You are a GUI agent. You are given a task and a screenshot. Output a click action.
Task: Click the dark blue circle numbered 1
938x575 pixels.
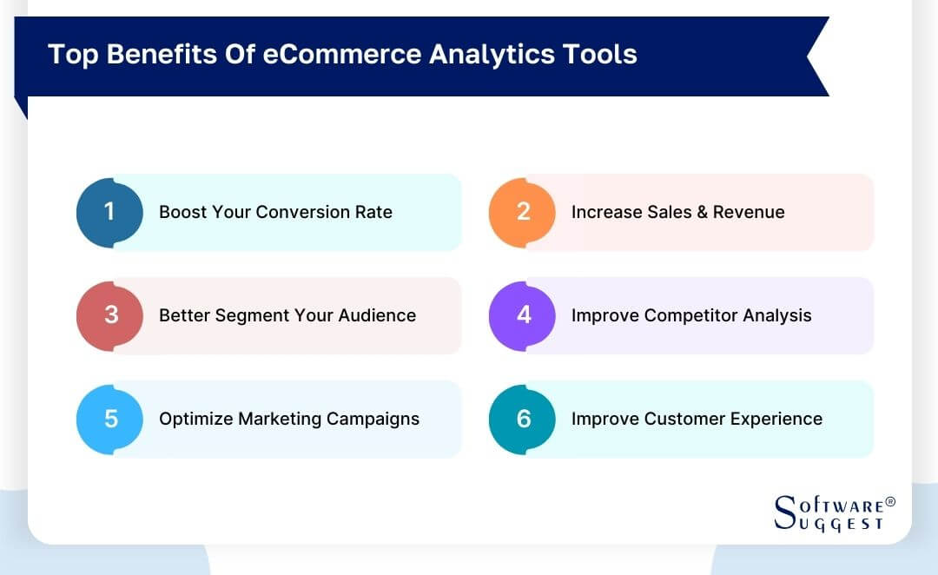109,212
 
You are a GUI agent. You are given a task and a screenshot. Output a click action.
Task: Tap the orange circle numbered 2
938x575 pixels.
522,212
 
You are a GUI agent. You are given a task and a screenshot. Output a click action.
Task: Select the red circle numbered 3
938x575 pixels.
109,315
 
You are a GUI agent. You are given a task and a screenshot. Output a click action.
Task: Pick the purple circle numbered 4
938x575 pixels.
522,315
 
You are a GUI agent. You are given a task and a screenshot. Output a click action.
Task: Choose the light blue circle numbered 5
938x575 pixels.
109,419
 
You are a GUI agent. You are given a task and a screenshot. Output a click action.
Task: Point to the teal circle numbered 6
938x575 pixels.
522,419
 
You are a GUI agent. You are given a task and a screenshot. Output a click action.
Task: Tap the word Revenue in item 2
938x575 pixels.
749,212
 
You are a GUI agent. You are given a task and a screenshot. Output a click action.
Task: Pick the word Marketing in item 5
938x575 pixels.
280,419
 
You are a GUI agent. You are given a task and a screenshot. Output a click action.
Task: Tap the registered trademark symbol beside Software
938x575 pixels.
889,502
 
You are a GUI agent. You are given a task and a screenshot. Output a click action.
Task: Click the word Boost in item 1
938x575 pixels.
182,212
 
